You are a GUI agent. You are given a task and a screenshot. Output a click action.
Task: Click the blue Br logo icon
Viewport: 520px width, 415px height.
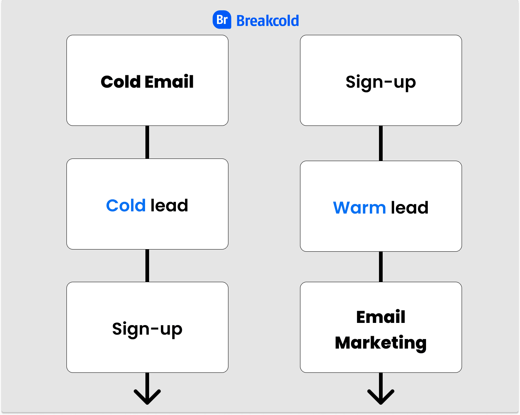[x=222, y=19]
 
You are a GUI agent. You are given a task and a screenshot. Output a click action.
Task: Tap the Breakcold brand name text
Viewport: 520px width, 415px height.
[x=267, y=21]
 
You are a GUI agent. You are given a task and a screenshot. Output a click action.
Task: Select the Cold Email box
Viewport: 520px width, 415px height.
[x=147, y=80]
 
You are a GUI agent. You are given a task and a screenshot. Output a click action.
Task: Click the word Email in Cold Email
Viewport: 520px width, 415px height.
[x=169, y=81]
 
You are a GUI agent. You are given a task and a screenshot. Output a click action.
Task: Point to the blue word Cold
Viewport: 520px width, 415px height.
[x=126, y=205]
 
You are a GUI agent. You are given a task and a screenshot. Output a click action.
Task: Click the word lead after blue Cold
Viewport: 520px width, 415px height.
[x=169, y=205]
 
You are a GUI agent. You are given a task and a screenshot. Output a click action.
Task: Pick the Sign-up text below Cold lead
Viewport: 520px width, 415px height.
[x=147, y=330]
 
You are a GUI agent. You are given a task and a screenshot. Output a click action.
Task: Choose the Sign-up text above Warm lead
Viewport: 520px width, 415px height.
[x=381, y=83]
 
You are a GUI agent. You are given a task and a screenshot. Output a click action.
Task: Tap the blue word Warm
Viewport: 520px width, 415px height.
[x=359, y=208]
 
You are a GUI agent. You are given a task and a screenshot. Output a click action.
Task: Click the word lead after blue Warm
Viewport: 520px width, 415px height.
[x=409, y=207]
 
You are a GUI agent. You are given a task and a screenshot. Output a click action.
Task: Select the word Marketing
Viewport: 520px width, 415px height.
[x=381, y=343]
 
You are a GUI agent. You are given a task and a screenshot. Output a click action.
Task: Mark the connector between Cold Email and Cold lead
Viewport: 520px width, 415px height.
[x=147, y=142]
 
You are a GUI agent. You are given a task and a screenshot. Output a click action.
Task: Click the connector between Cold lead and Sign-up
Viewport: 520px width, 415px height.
[x=147, y=266]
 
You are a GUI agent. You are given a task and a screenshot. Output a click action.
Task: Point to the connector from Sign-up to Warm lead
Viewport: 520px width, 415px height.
[x=381, y=143]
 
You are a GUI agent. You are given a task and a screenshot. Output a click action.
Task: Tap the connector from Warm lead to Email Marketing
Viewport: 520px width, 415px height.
[x=381, y=267]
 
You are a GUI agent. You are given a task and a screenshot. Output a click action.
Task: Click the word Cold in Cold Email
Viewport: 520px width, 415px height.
[x=120, y=81]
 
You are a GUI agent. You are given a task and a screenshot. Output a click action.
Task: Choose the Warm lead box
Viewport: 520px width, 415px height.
[x=381, y=206]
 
